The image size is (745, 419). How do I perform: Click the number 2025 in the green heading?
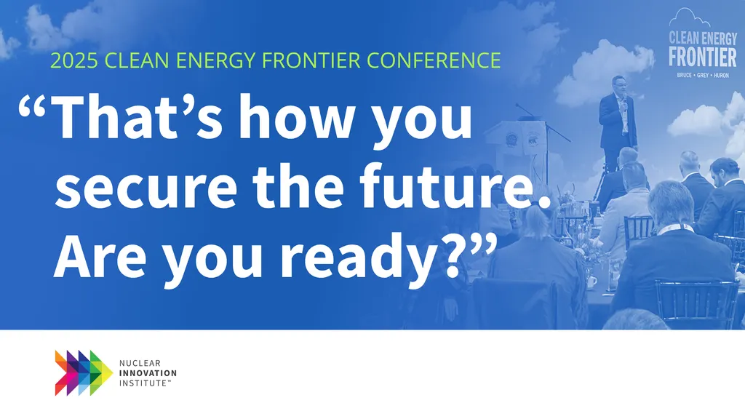(73, 60)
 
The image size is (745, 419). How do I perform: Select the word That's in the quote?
(138, 116)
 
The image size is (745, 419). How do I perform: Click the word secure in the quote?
(146, 186)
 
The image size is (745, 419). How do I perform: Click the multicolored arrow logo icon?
(84, 373)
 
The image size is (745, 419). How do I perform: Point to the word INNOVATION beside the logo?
(148, 373)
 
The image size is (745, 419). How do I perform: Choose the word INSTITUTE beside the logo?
(143, 383)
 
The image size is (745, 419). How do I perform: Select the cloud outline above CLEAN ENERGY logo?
(689, 18)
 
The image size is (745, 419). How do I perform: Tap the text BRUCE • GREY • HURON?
(703, 76)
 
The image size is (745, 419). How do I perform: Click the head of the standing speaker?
(618, 84)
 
